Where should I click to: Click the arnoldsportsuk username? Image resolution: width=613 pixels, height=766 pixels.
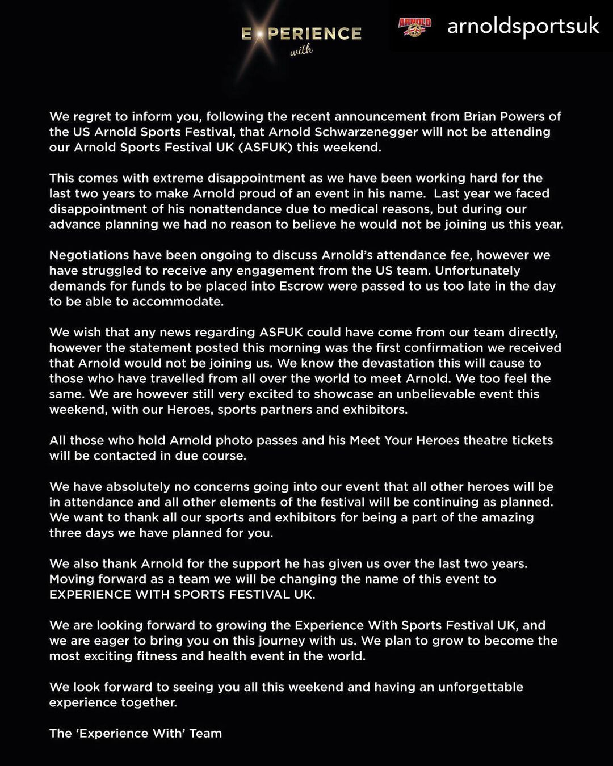coord(523,26)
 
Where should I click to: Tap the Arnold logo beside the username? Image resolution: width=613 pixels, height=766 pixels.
coord(415,26)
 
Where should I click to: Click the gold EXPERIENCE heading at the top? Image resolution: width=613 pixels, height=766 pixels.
coord(301,34)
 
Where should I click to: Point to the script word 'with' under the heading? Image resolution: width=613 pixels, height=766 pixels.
coord(301,51)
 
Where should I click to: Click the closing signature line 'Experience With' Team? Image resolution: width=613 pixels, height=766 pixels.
coord(136,733)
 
